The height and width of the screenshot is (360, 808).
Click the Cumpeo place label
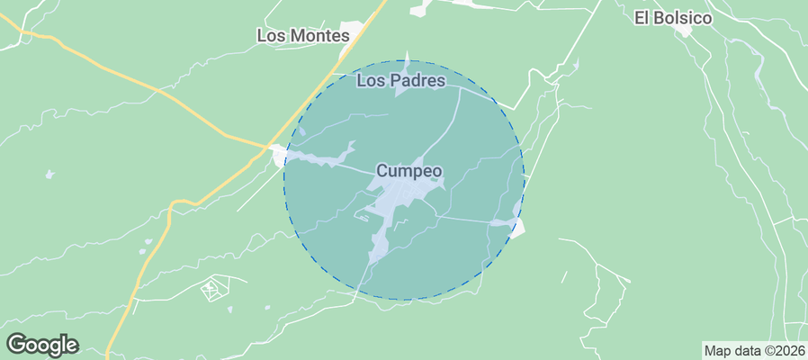[x=408, y=170]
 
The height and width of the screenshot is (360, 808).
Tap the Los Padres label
[x=401, y=81]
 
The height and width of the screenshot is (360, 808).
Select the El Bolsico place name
[x=673, y=17]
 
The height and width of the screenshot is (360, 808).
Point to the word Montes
[x=321, y=36]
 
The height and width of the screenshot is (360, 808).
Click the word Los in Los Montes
[x=272, y=36]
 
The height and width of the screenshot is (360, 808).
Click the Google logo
[x=42, y=344]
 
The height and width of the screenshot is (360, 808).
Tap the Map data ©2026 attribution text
[x=754, y=351]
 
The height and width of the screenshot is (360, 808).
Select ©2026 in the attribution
[x=784, y=351]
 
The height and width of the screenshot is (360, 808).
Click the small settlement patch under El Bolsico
[x=686, y=31]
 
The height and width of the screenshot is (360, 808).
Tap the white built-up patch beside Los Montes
[x=356, y=34]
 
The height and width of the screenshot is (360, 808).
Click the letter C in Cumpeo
[x=382, y=170]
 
